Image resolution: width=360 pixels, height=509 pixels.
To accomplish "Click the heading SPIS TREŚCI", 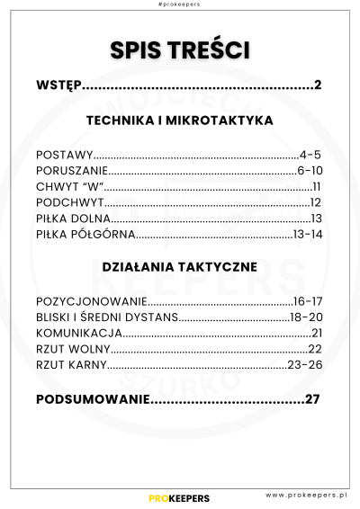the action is click(x=179, y=49).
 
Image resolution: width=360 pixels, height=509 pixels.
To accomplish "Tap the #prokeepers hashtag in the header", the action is click(x=179, y=5).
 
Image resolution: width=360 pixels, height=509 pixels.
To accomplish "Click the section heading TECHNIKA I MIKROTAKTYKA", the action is click(x=179, y=120).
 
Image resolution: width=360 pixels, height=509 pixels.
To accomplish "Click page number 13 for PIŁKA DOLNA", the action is click(x=316, y=219).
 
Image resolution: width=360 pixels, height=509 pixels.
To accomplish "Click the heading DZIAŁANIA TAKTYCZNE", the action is click(x=179, y=267).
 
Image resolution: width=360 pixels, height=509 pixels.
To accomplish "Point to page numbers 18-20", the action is click(x=306, y=317).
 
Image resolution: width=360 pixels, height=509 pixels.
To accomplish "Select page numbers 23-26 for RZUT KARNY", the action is click(x=304, y=365).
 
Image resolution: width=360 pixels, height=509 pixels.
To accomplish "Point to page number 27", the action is click(x=312, y=398).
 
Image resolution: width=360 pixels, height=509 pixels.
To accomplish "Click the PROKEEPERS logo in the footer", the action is click(x=179, y=497).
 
